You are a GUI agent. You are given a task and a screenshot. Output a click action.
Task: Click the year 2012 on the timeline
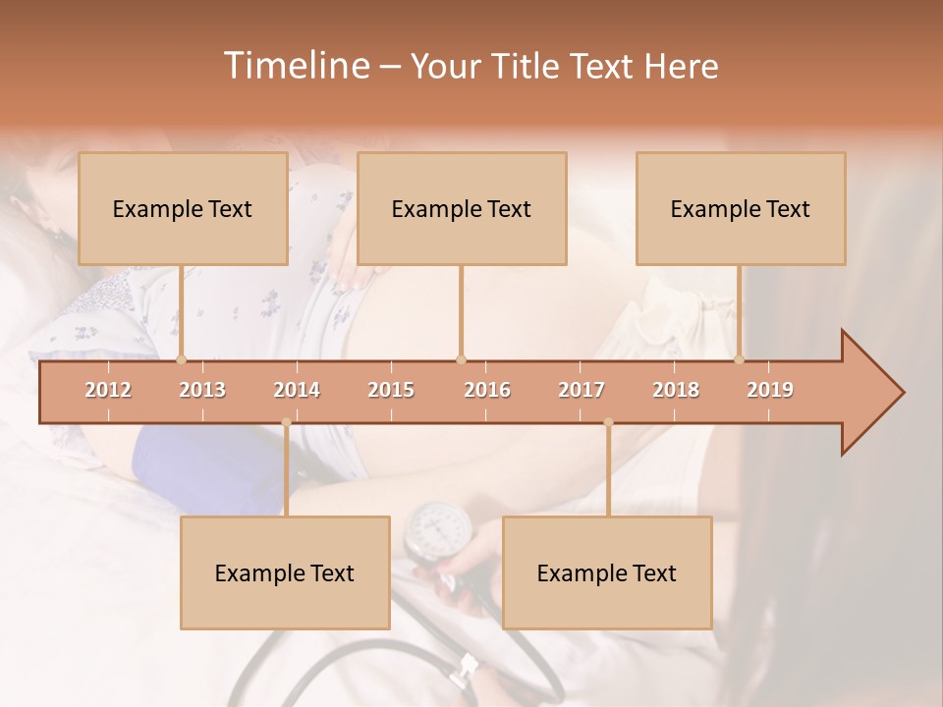(108, 390)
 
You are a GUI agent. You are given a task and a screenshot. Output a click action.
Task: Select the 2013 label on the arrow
(202, 390)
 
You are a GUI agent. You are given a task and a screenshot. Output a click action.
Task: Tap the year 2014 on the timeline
(297, 390)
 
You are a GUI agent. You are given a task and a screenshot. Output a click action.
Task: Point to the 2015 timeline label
(391, 390)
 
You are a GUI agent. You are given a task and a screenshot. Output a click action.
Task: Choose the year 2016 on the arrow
(487, 390)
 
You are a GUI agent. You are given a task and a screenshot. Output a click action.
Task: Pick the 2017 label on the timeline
(582, 390)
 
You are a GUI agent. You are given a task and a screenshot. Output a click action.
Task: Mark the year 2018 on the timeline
(676, 390)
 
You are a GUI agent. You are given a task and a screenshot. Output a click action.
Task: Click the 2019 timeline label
(770, 390)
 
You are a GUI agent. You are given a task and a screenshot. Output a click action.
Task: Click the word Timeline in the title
(295, 66)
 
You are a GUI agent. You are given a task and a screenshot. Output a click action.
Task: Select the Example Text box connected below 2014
(285, 573)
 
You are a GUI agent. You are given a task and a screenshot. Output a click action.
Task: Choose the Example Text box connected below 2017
(607, 573)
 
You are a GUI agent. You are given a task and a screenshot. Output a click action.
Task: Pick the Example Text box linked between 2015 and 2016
(462, 209)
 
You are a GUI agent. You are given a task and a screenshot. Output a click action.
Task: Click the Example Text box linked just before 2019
(741, 209)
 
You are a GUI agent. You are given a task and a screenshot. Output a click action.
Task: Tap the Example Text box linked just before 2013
(183, 209)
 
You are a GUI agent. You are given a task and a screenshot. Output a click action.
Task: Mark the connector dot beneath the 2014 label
(286, 422)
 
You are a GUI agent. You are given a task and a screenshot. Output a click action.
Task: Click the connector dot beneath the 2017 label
(608, 422)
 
